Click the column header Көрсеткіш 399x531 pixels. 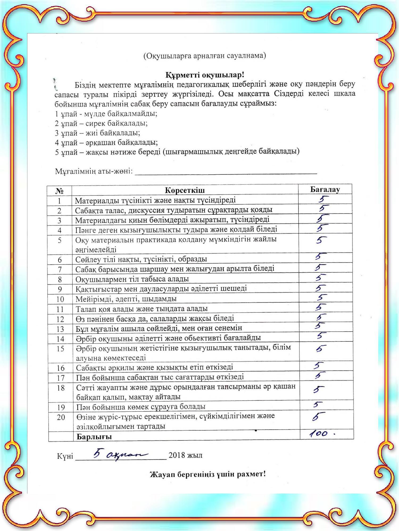tap(185, 190)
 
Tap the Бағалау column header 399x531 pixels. tap(325, 190)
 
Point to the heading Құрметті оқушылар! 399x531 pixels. tap(205, 75)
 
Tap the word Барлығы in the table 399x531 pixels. tap(94, 437)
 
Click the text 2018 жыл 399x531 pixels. tap(185, 455)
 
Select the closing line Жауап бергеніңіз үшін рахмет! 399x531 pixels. tap(208, 474)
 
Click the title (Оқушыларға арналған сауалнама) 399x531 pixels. tap(205, 56)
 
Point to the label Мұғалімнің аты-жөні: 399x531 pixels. tap(94, 171)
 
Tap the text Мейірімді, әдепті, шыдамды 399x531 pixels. tap(126, 299)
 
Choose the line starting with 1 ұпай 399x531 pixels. tap(106, 114)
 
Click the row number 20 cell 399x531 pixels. tap(61, 417)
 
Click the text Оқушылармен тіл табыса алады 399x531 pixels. tap(132, 279)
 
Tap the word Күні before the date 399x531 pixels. tap(65, 456)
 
